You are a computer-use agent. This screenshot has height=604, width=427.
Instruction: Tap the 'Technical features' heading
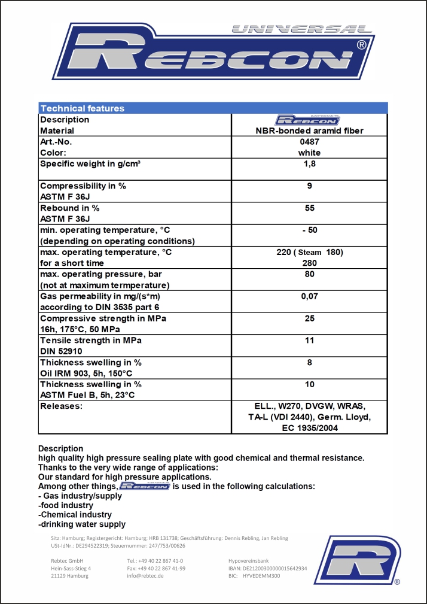(x=82, y=108)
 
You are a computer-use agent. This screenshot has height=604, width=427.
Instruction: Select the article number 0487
(x=309, y=142)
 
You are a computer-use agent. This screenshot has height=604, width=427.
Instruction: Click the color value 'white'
(x=309, y=153)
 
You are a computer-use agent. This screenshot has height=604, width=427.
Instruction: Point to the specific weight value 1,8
(x=309, y=163)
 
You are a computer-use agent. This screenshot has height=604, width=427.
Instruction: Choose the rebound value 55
(x=309, y=208)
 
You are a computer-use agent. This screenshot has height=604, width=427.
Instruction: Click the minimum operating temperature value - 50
(x=309, y=230)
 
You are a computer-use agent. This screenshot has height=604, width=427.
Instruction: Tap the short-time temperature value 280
(x=309, y=263)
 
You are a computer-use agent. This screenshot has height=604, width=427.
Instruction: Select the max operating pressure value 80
(x=309, y=274)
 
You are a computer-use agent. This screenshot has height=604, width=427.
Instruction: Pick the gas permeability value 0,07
(x=309, y=296)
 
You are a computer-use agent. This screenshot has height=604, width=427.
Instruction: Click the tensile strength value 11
(x=309, y=340)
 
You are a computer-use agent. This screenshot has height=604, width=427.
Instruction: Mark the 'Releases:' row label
(x=60, y=406)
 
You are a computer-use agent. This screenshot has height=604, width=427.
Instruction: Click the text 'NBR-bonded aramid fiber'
(x=309, y=130)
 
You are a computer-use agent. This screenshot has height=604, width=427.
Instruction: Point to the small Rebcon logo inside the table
(x=309, y=120)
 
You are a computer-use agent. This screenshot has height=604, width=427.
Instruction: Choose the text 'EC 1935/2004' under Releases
(x=309, y=428)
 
